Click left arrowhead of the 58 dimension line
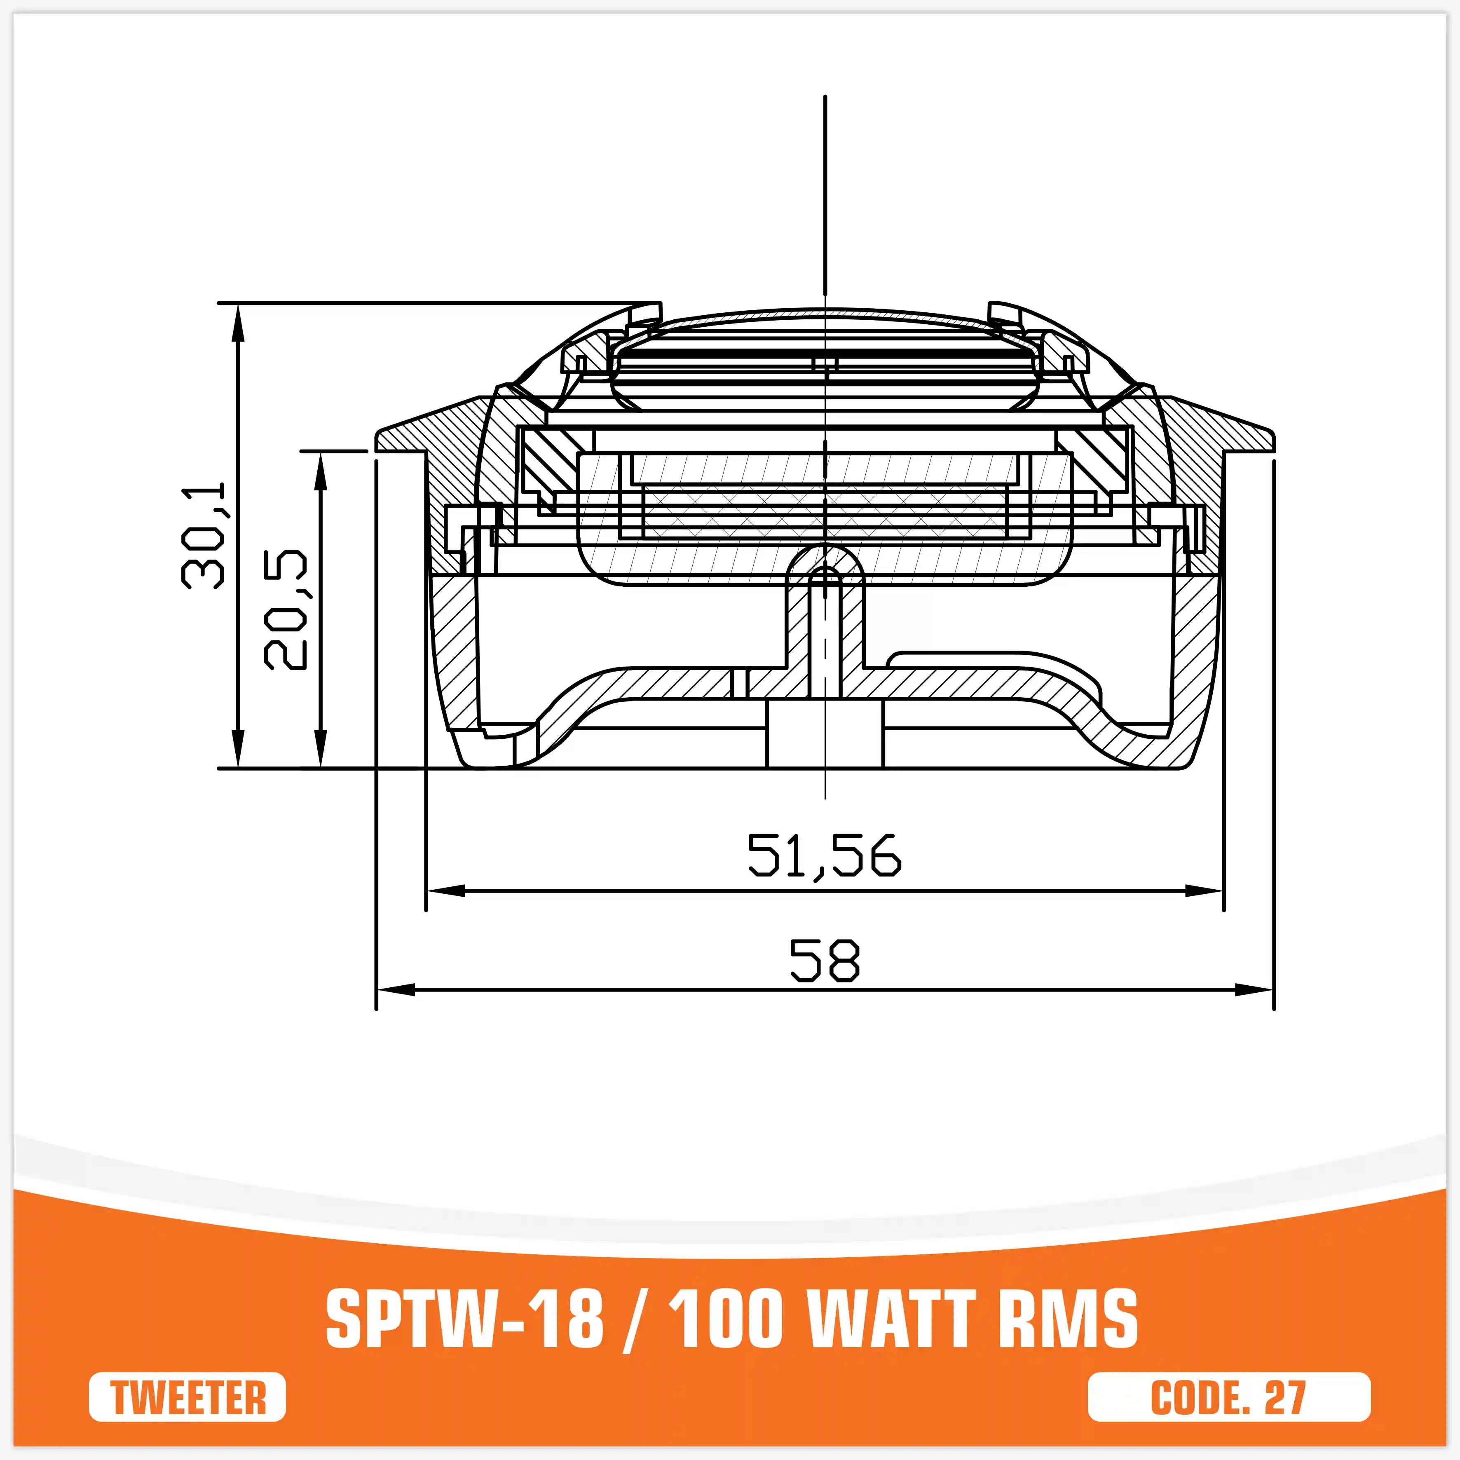(393, 990)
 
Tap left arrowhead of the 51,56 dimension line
(444, 891)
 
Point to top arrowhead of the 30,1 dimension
(238, 321)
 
